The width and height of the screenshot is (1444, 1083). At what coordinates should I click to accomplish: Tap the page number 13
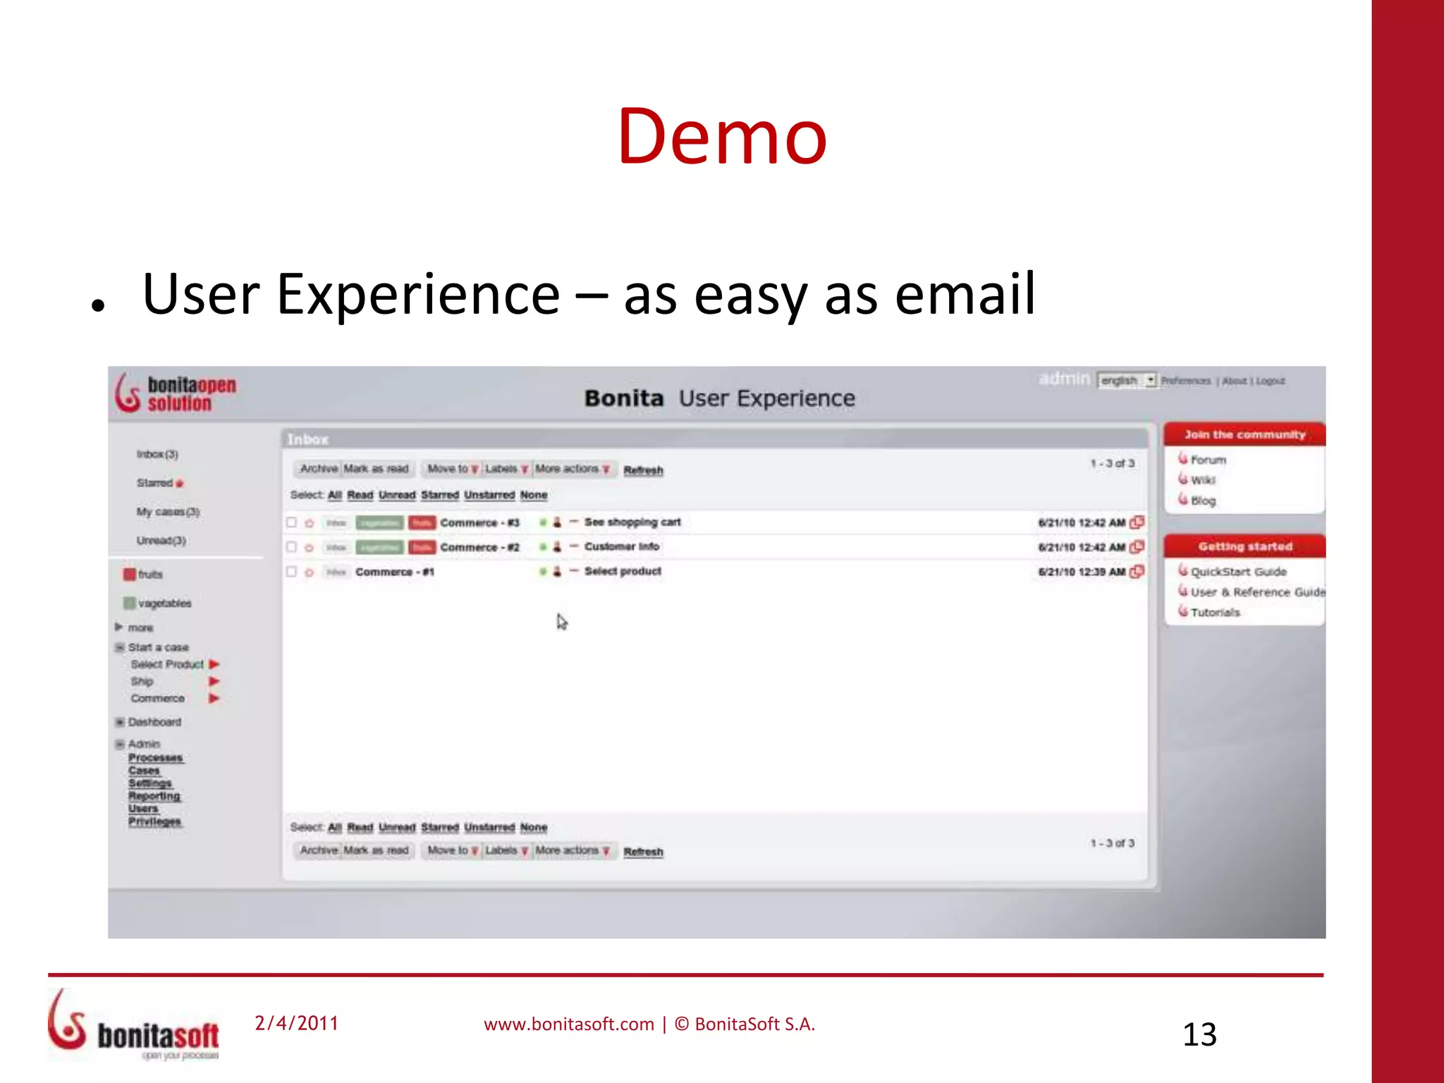(1199, 1034)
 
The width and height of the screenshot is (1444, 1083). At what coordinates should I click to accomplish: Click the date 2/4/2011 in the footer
(296, 1023)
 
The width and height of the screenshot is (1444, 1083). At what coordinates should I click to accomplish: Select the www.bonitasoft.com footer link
(568, 1024)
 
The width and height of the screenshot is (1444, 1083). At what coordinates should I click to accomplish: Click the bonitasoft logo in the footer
(134, 1026)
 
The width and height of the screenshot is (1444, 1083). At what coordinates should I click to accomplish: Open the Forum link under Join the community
(1208, 460)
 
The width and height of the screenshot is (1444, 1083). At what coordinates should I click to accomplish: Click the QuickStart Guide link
(1238, 572)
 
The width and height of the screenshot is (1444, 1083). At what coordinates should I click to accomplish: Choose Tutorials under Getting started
(1215, 612)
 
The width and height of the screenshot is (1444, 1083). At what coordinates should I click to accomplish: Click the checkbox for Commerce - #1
(291, 571)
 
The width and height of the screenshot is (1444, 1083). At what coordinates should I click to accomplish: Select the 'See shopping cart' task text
(632, 522)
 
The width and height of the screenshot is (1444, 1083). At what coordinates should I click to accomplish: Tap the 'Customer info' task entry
(621, 546)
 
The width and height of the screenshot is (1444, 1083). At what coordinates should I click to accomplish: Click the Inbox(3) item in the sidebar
(157, 454)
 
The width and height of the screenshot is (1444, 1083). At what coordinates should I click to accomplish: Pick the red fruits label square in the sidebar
(129, 574)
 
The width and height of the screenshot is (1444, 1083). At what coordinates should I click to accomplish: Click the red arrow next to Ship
(214, 681)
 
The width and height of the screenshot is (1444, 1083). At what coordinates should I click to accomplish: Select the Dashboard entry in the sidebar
(154, 722)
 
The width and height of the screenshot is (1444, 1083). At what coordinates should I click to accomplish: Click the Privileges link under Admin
(154, 821)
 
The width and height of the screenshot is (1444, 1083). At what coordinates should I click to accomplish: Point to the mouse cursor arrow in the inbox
(561, 621)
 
